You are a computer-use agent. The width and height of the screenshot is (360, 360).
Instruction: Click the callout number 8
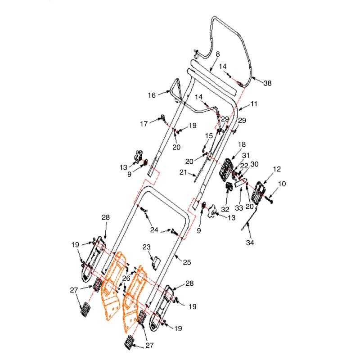pyautogui.click(x=218, y=54)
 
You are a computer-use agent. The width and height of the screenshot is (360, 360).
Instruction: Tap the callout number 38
pyautogui.click(x=267, y=83)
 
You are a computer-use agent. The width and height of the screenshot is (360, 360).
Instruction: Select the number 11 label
pyautogui.click(x=254, y=104)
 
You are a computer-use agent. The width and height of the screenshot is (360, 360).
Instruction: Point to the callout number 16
pyautogui.click(x=152, y=95)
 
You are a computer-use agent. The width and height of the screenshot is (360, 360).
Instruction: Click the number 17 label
pyautogui.click(x=144, y=124)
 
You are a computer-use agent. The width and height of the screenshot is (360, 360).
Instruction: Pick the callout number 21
pyautogui.click(x=183, y=172)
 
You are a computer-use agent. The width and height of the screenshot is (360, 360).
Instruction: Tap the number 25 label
pyautogui.click(x=187, y=262)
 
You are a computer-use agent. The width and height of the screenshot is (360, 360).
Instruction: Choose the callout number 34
pyautogui.click(x=250, y=243)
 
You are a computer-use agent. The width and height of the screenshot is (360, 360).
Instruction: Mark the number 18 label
pyautogui.click(x=242, y=144)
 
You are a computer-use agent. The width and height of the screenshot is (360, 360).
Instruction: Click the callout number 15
pyautogui.click(x=209, y=136)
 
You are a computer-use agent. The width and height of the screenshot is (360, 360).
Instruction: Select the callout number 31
pyautogui.click(x=246, y=155)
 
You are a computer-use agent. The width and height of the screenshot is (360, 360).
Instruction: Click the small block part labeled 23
pyautogui.click(x=156, y=262)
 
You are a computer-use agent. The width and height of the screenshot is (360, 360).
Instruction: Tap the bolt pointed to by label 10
pyautogui.click(x=269, y=199)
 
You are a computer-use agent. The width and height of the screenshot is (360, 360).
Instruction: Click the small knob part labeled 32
pyautogui.click(x=229, y=187)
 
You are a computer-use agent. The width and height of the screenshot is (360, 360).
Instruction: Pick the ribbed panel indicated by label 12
pyautogui.click(x=259, y=193)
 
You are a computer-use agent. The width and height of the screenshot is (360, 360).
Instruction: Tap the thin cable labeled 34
pyautogui.click(x=249, y=219)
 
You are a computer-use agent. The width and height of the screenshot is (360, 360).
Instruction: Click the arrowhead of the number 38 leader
pyautogui.click(x=253, y=78)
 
